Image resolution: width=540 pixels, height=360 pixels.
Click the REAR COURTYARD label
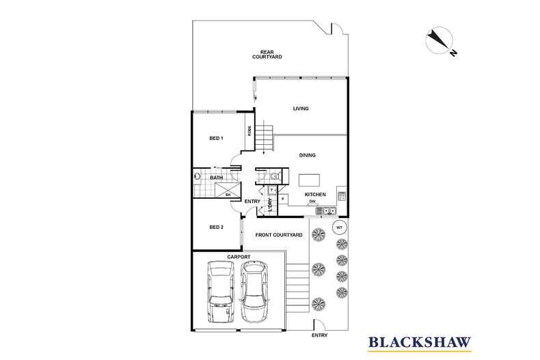[267, 55]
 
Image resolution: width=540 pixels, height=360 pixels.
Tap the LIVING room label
[301, 109]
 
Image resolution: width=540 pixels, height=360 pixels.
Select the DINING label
[307, 155]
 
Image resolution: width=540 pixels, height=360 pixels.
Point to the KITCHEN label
[315, 195]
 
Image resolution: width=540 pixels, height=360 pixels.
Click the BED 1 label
[216, 139]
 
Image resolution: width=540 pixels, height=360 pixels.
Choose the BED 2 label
[216, 227]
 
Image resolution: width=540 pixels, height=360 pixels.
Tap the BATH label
[216, 178]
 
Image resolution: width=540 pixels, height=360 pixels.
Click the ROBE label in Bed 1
[249, 130]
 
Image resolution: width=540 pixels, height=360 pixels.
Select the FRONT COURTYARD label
[279, 235]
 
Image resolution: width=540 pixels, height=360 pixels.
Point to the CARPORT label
[239, 257]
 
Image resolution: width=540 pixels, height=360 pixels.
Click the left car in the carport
[221, 292]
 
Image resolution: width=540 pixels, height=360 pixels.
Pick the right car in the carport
[254, 292]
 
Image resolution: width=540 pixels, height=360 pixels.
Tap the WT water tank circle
[339, 227]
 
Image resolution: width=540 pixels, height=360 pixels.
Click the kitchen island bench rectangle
[309, 180]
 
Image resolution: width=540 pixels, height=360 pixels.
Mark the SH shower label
[228, 195]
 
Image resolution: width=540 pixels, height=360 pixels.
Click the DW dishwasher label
[312, 202]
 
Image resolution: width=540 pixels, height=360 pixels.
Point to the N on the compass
[454, 53]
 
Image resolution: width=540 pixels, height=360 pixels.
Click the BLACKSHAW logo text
[420, 342]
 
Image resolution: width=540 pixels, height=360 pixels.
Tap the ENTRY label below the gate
[320, 335]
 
